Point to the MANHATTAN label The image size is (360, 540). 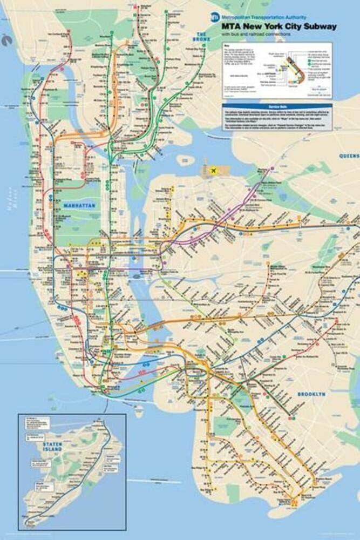[x=79, y=206]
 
